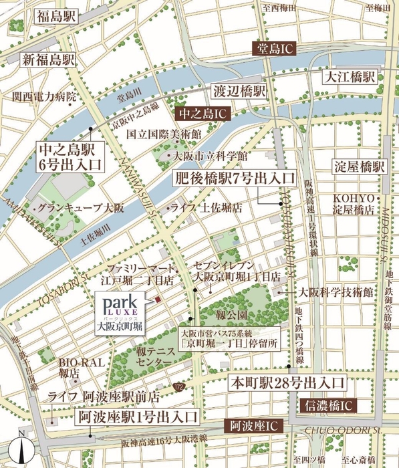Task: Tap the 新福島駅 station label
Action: [x=49, y=59]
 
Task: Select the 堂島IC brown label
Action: [x=273, y=47]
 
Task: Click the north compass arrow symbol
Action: [x=23, y=449]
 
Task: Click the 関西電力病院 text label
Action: [x=44, y=96]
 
